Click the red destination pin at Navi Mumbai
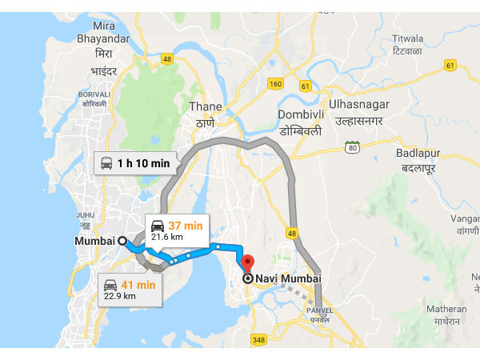tap(247, 263)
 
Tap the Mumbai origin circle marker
tap(122, 240)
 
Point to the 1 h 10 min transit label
tap(143, 163)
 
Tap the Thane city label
tap(205, 106)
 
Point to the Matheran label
tap(446, 309)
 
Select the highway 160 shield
tap(277, 83)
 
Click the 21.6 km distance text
tap(166, 237)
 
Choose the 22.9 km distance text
tap(120, 296)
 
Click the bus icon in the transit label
tap(106, 163)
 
